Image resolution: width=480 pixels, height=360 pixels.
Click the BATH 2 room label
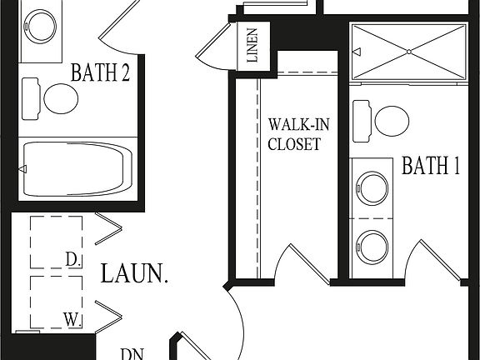pos(99,72)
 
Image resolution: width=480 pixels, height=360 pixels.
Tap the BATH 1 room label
pos(431,166)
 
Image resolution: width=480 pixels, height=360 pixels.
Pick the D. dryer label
pos(72,259)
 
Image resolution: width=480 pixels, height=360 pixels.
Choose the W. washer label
pos(72,317)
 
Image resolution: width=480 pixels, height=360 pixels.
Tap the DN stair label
pos(130,352)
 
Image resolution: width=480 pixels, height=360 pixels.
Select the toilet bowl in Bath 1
pos(391,120)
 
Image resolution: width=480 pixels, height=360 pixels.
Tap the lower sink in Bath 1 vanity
pos(372,246)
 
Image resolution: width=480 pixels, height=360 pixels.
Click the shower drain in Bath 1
pos(408,52)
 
